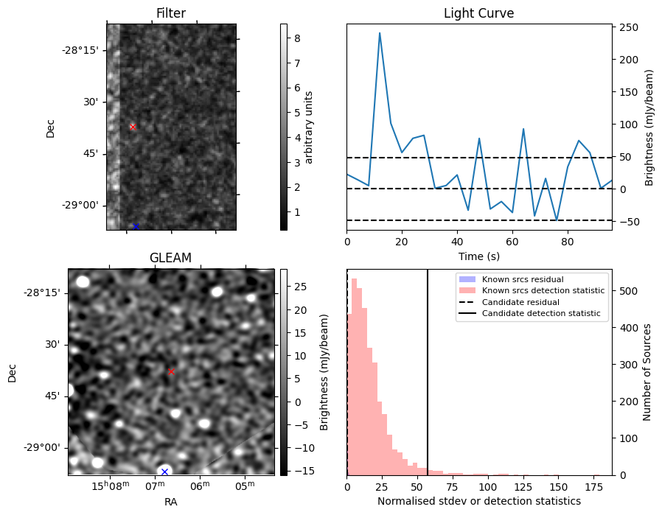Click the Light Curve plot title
tap(478, 13)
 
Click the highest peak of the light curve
tap(380, 33)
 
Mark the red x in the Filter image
tap(133, 127)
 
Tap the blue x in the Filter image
tap(136, 226)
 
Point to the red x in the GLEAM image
tap(171, 371)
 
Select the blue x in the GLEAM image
tap(164, 472)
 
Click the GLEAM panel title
tap(170, 258)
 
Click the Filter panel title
tap(170, 13)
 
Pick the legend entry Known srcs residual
tap(523, 279)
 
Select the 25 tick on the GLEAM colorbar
tap(297, 287)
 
